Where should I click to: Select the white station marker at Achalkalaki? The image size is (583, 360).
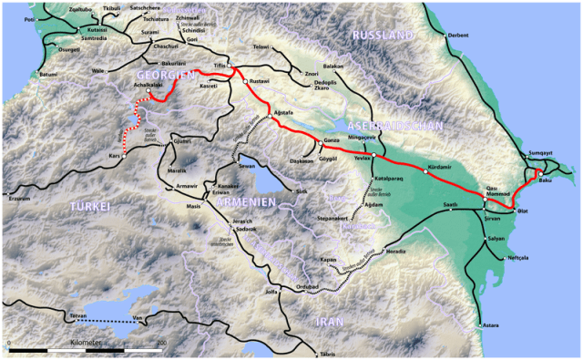click(x=148, y=91)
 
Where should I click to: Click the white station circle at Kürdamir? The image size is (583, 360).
click(x=426, y=173)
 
